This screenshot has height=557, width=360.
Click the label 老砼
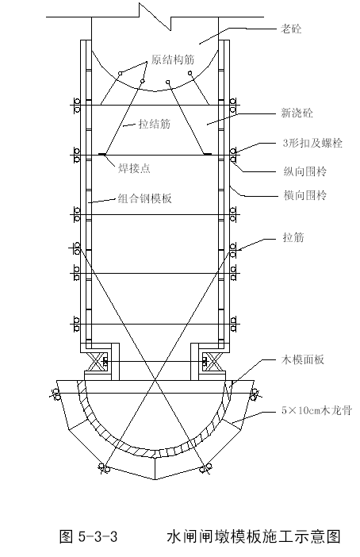pyautogui.click(x=291, y=29)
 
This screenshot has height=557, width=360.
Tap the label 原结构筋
pyautogui.click(x=173, y=60)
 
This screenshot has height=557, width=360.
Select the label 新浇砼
pyautogui.click(x=297, y=113)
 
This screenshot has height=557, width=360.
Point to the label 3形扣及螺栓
pyautogui.click(x=312, y=143)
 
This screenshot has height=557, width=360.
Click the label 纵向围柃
pyautogui.click(x=305, y=172)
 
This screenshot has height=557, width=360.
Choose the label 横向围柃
pyautogui.click(x=305, y=195)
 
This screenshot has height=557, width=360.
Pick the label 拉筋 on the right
pyautogui.click(x=293, y=237)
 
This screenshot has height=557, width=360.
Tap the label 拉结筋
pyautogui.click(x=155, y=124)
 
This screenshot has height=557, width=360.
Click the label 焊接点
pyautogui.click(x=134, y=168)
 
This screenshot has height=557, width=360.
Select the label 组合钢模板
pyautogui.click(x=145, y=198)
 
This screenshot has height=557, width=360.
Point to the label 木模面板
pyautogui.click(x=302, y=360)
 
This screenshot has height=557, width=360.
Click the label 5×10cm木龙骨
pyautogui.click(x=316, y=411)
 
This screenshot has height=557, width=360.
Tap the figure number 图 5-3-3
pyautogui.click(x=88, y=536)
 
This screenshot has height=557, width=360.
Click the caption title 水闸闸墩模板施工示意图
pyautogui.click(x=254, y=536)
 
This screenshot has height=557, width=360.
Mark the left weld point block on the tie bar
pyautogui.click(x=101, y=154)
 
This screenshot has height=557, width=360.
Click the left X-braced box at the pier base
pyautogui.click(x=98, y=362)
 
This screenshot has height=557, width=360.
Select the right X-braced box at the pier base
pyautogui.click(x=213, y=362)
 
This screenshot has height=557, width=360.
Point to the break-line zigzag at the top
pyautogui.click(x=155, y=17)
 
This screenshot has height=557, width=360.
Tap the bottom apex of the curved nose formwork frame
pyautogui.click(x=155, y=479)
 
